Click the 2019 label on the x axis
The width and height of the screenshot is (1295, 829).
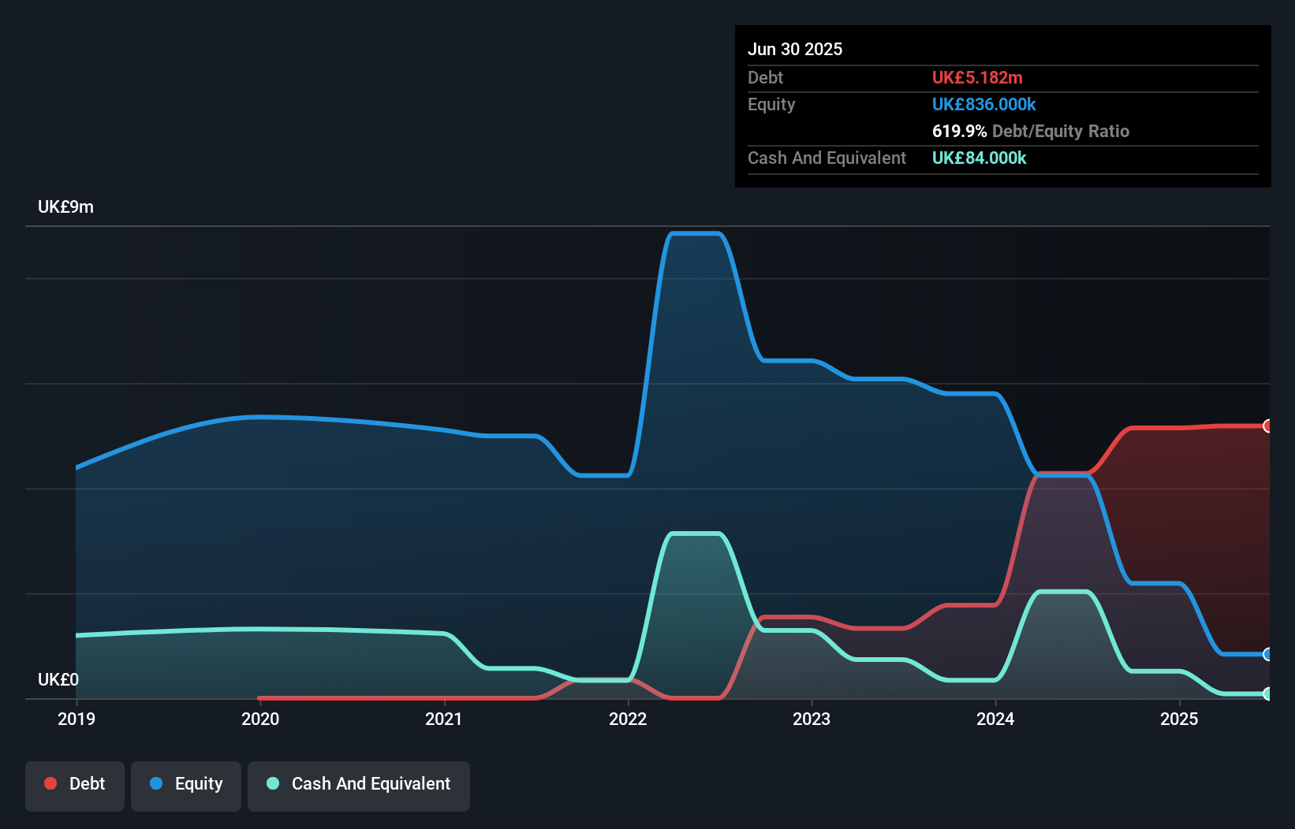point(77,719)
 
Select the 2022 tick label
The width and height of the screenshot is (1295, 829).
point(628,719)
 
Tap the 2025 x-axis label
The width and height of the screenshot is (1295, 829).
point(1179,719)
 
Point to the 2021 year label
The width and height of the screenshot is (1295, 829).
point(444,719)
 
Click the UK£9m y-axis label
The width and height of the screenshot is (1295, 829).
point(65,207)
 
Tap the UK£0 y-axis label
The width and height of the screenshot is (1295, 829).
point(58,679)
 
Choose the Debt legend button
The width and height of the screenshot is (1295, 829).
point(75,784)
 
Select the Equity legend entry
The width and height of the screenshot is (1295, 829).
point(186,784)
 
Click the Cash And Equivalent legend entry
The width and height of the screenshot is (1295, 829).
point(359,784)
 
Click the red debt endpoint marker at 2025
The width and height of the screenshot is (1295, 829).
point(1267,426)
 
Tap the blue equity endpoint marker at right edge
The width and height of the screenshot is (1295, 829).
point(1267,654)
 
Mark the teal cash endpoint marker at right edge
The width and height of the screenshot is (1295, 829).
point(1267,693)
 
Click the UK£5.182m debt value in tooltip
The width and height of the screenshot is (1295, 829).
point(977,78)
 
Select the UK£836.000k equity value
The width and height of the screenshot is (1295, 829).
point(983,105)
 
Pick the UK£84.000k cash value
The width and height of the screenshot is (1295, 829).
point(979,158)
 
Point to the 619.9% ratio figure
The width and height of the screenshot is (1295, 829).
point(959,132)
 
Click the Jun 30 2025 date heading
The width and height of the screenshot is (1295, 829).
point(795,50)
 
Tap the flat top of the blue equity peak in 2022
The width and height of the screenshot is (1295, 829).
point(695,233)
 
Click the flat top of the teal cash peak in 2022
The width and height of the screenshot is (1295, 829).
point(695,534)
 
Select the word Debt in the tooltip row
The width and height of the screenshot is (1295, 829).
point(765,78)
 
